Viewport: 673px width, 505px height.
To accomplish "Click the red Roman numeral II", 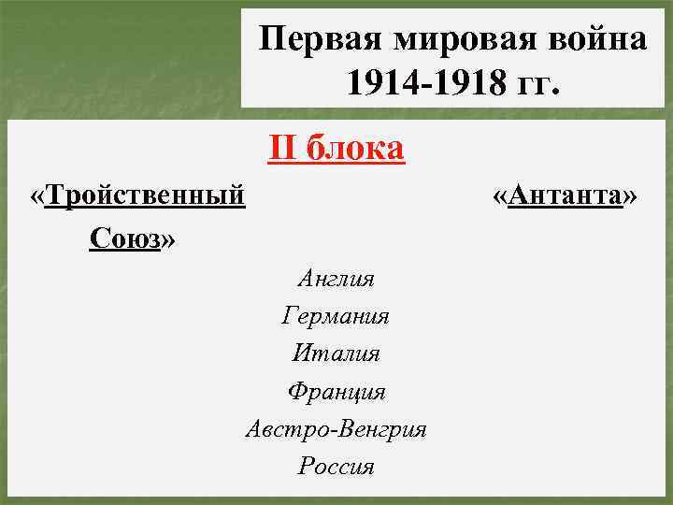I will [x=282, y=148].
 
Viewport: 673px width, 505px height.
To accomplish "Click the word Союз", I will [x=125, y=238].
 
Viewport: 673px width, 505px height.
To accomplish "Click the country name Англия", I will [x=336, y=278].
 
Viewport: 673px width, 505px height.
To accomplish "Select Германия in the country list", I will [x=336, y=316].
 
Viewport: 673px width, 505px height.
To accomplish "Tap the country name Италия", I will [x=336, y=353].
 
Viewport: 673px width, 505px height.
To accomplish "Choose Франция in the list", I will [x=336, y=391].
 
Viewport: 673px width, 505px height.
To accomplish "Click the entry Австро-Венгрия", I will [x=336, y=429].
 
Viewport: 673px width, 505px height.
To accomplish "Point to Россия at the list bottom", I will [x=336, y=466].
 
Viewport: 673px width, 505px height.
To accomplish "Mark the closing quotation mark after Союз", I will [x=168, y=239].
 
